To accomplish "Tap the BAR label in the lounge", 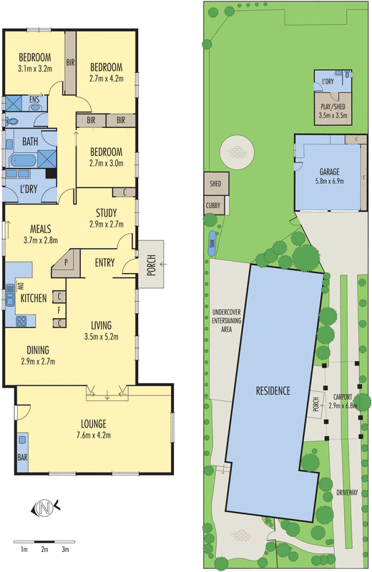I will pos(21,455).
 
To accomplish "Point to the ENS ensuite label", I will pos(34,100).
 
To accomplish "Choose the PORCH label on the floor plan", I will pos(152,264).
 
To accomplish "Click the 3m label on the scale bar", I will pos(65,549).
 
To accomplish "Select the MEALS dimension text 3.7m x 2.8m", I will pos(39,240).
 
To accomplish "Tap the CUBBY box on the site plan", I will pos(213,204).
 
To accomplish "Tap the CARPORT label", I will pos(346,398).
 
